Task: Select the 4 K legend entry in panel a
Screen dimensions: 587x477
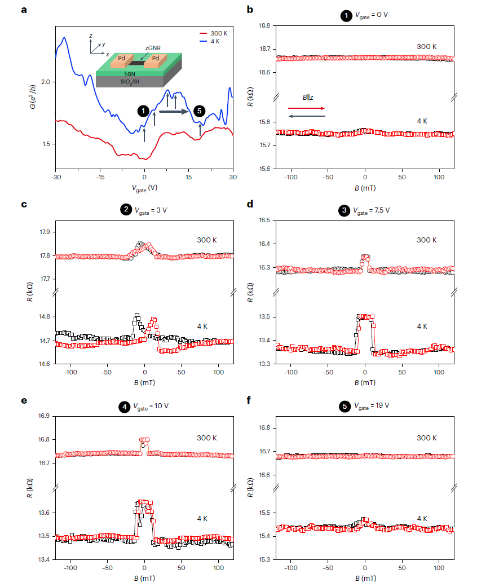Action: pyautogui.click(x=215, y=41)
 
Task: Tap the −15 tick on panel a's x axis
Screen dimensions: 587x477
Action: pyautogui.click(x=100, y=176)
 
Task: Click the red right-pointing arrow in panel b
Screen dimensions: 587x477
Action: pyautogui.click(x=306, y=108)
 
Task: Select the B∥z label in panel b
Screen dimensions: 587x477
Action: pyautogui.click(x=308, y=98)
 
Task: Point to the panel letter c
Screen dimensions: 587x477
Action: pyautogui.click(x=24, y=204)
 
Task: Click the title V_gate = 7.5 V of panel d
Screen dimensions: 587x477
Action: pyautogui.click(x=372, y=211)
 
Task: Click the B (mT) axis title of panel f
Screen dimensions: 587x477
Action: pyautogui.click(x=365, y=577)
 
